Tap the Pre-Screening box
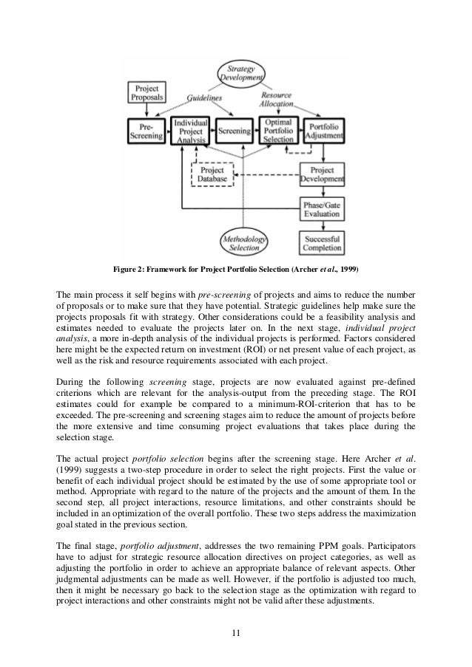pos(145,131)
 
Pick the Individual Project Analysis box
pos(190,131)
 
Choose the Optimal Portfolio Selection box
pos(278,130)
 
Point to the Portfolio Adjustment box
pos(323,131)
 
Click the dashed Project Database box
pos(212,175)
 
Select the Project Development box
pos(323,174)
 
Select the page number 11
pos(235,633)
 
